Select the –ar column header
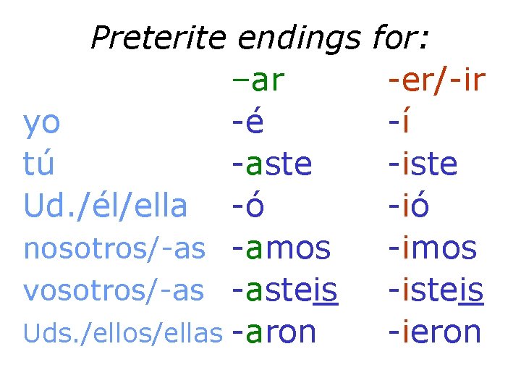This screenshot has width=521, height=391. (259, 81)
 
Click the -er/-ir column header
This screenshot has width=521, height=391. (436, 81)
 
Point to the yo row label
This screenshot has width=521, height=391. (42, 123)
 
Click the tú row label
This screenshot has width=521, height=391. (39, 164)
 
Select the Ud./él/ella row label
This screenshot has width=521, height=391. (106, 206)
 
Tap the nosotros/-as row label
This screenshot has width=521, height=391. (114, 248)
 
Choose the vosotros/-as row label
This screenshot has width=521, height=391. (114, 290)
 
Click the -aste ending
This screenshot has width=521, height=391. (272, 164)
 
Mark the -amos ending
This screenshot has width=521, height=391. (281, 248)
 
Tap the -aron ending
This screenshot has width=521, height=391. (274, 332)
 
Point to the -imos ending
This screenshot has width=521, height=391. (433, 248)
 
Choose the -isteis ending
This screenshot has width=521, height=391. (436, 290)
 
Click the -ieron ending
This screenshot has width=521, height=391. (435, 332)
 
